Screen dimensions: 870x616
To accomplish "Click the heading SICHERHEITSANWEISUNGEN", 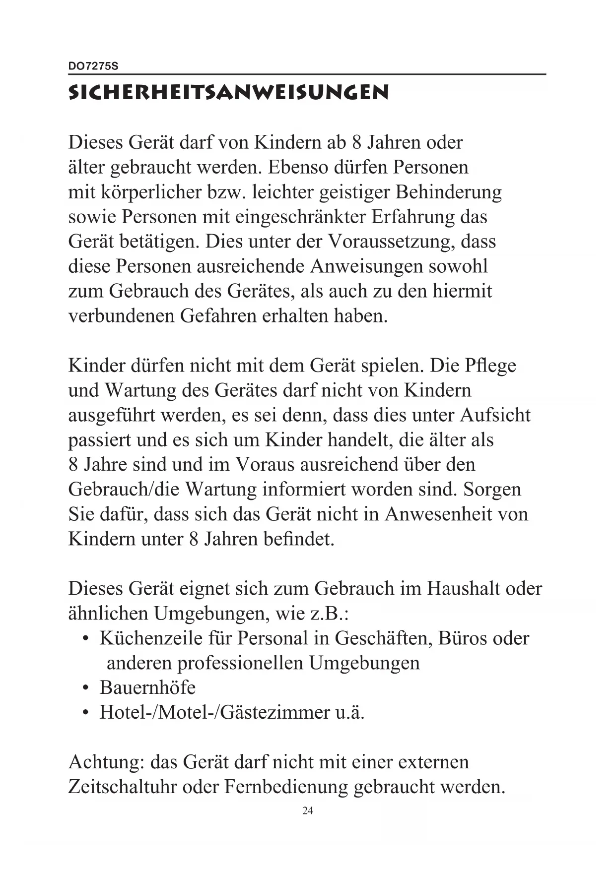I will click(x=228, y=93).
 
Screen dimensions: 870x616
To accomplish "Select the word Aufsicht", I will click(x=495, y=415).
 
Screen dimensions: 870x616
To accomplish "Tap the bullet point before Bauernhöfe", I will click(x=86, y=688).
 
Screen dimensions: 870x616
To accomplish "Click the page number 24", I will click(x=308, y=811).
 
